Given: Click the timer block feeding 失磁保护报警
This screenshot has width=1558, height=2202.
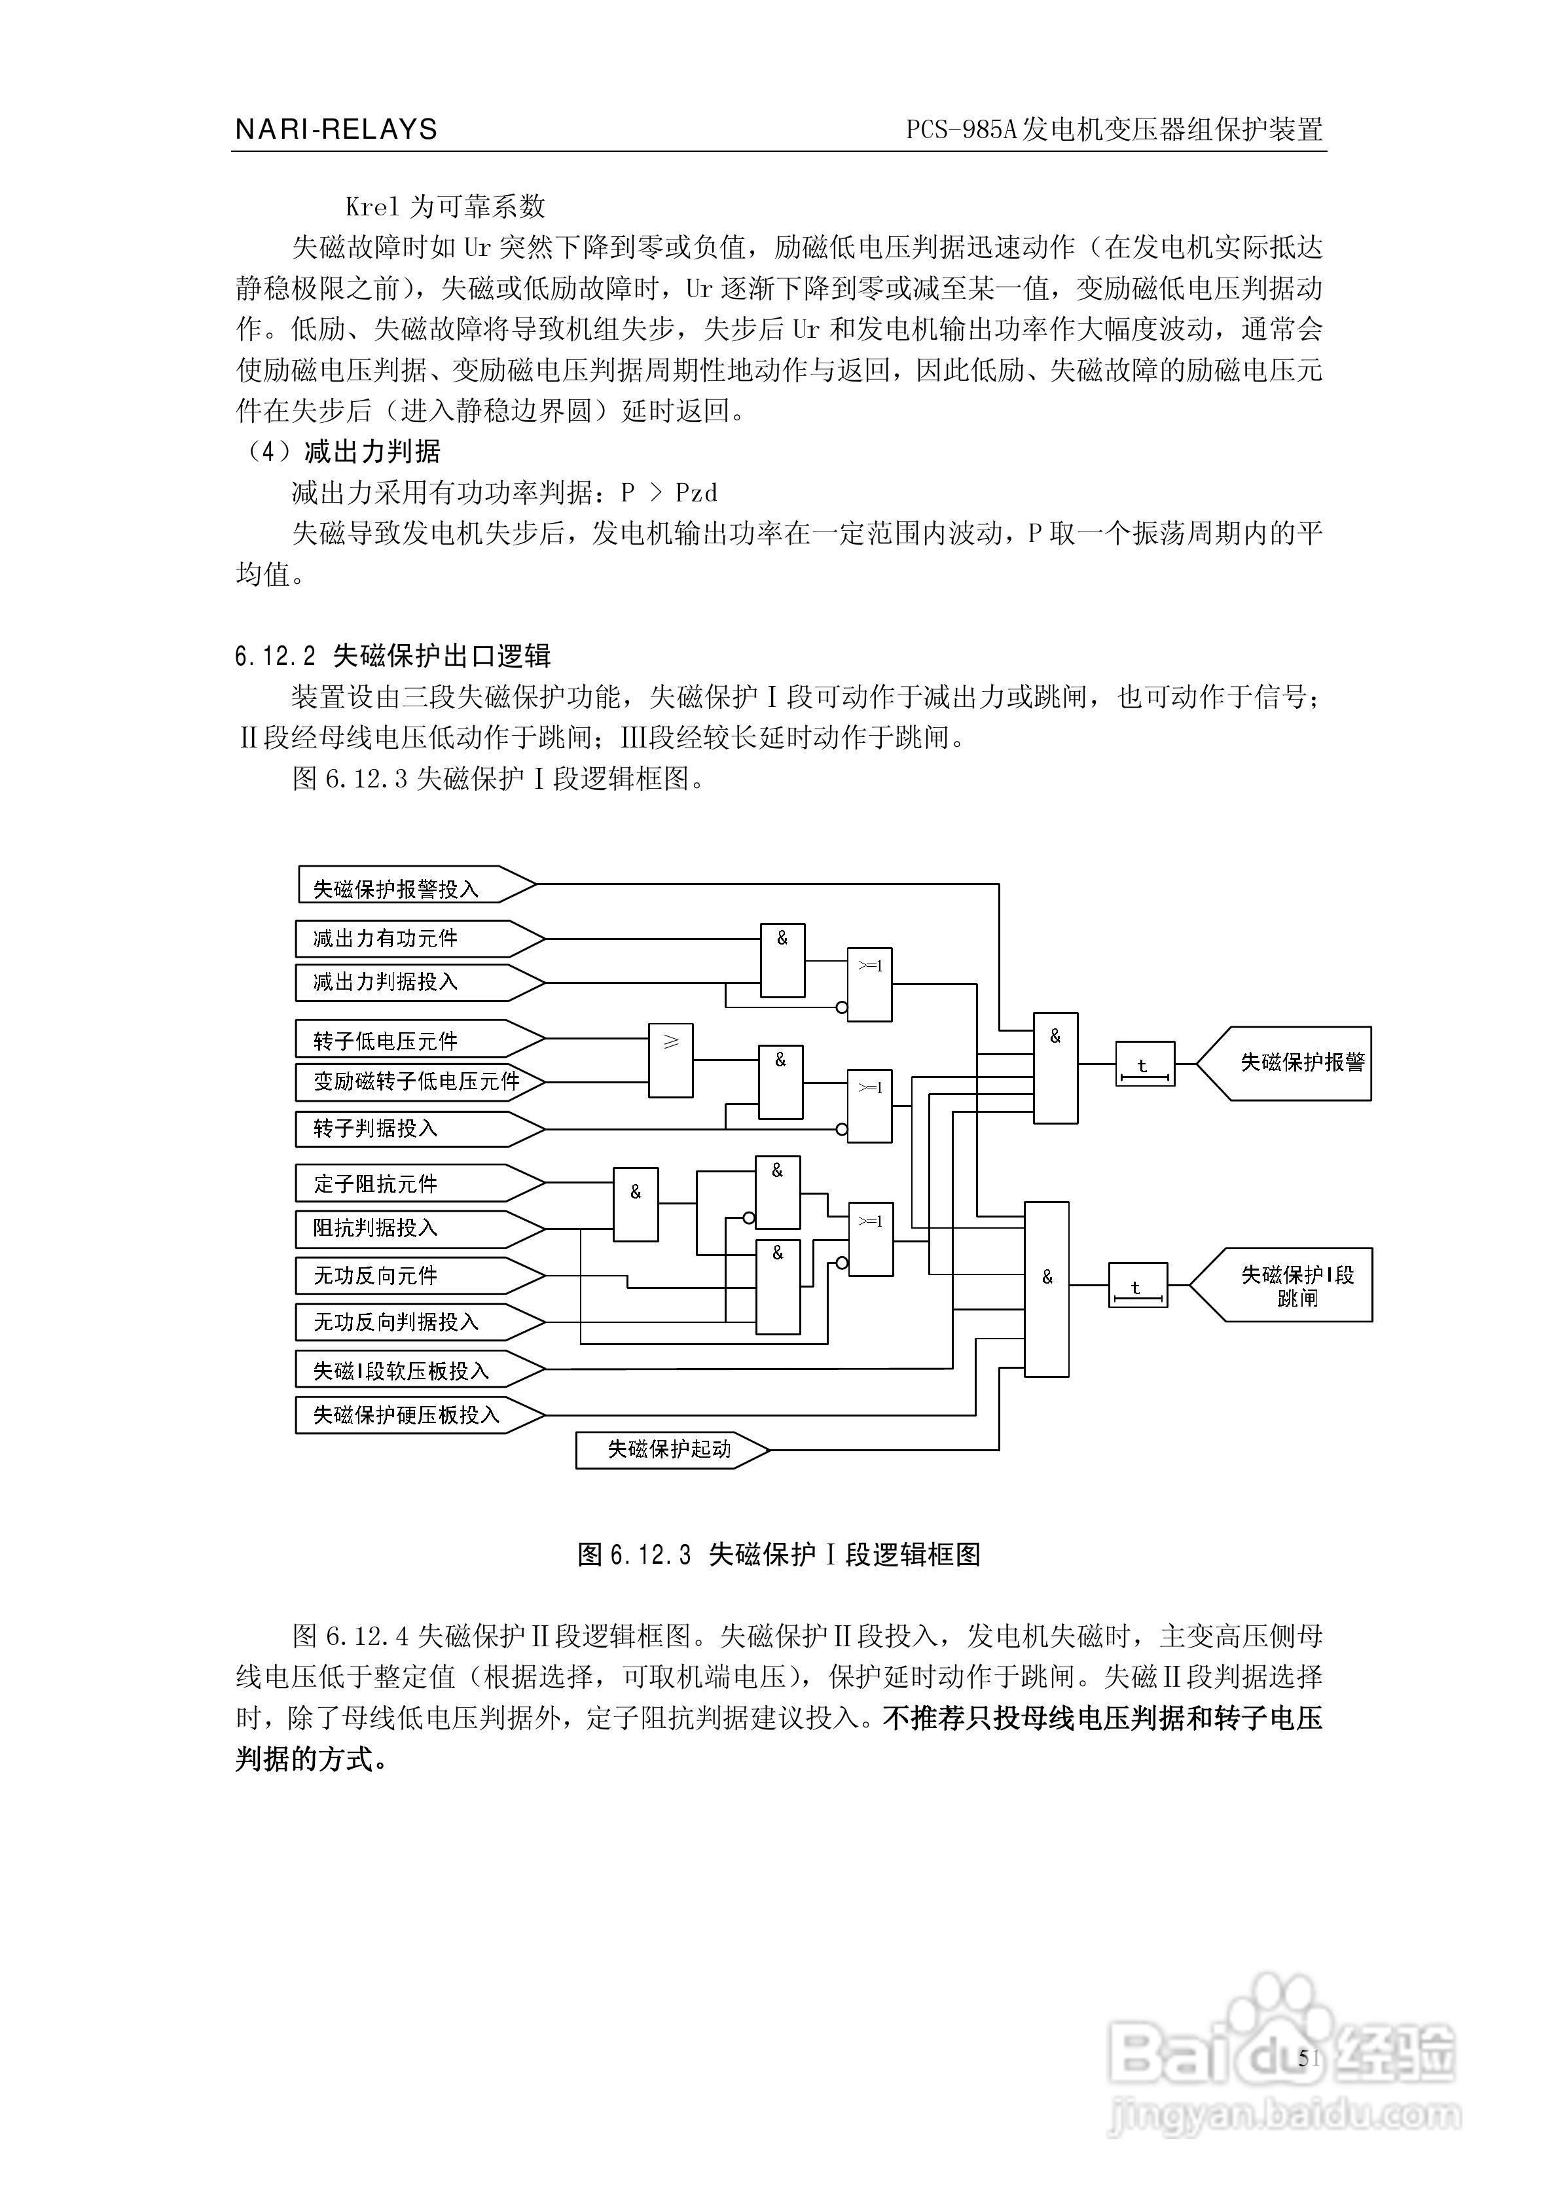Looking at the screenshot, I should tap(1144, 1064).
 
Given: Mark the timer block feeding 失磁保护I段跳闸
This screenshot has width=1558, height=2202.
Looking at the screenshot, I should tap(1138, 1285).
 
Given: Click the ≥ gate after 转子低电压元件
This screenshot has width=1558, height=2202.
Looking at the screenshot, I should tap(670, 1060).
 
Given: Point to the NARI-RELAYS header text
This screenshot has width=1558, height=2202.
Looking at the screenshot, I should tap(336, 130).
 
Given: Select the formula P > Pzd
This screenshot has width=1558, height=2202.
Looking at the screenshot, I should tap(668, 493).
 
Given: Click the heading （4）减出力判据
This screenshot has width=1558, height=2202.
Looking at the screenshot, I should tap(340, 452).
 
